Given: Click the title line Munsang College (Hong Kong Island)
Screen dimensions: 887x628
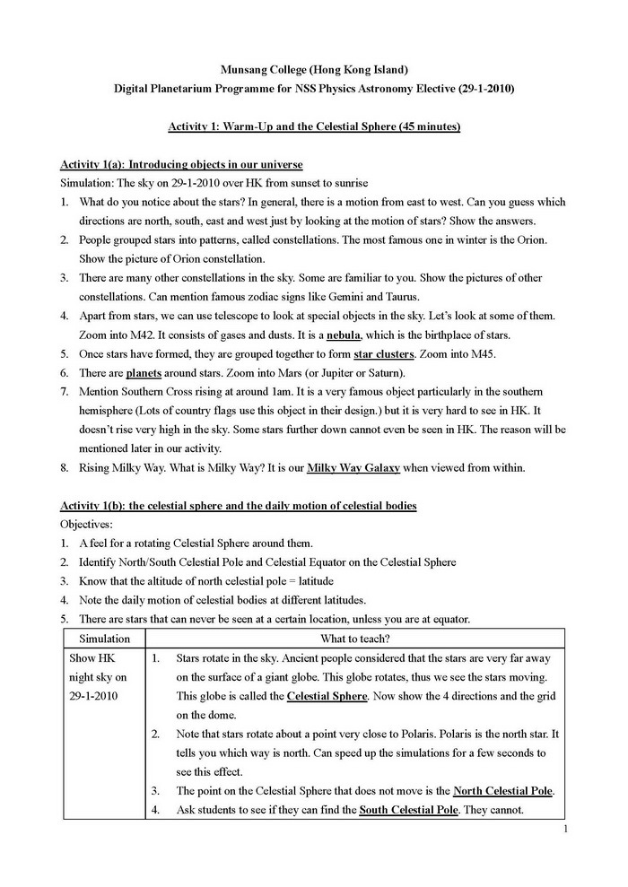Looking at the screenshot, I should [314, 69].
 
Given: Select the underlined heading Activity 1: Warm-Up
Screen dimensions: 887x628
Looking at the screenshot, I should [314, 127].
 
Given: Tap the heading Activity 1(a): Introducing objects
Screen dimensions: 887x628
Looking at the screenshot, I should [181, 165].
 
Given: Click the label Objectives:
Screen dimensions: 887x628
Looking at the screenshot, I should [90, 524].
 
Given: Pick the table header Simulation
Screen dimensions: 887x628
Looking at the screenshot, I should [105, 639].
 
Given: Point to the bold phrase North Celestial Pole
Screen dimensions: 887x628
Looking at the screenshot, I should [502, 791].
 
